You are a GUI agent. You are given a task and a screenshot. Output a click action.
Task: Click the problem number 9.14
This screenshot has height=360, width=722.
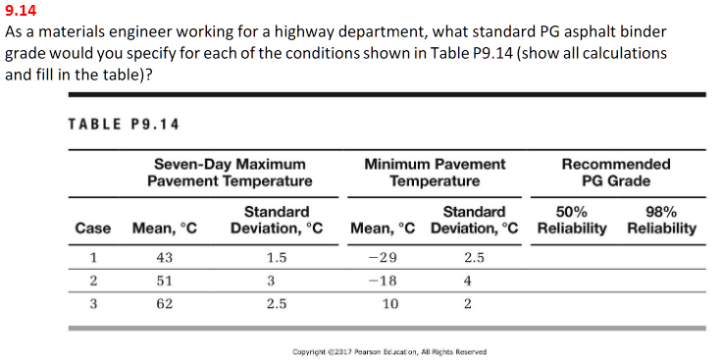(20, 13)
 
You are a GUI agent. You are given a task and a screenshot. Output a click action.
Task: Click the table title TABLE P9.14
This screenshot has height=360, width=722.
(116, 124)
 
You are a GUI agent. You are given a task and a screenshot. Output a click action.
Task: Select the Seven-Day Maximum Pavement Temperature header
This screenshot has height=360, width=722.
(230, 172)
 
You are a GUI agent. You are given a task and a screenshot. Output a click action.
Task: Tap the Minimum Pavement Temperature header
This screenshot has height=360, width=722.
(435, 172)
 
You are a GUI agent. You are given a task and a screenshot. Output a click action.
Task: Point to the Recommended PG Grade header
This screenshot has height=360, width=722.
(616, 172)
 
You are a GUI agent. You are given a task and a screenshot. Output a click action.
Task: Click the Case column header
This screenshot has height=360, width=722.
(92, 228)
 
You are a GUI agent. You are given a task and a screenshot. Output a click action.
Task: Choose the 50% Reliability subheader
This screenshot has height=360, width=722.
(571, 220)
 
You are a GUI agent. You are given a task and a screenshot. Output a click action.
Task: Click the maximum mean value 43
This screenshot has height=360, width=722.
(164, 258)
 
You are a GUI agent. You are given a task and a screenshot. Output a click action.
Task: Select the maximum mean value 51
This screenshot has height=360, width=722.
(164, 281)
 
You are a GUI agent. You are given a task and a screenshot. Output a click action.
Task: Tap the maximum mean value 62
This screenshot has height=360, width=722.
(164, 303)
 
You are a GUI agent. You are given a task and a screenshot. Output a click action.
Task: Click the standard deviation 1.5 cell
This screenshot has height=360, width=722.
(276, 258)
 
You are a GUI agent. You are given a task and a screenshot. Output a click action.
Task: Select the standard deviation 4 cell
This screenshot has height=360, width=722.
(468, 281)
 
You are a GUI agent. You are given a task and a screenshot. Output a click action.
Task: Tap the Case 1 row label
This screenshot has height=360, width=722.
(92, 258)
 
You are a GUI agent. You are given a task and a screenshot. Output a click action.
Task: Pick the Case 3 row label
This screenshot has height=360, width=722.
(92, 303)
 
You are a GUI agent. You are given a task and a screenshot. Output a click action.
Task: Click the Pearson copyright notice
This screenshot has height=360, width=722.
(390, 351)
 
